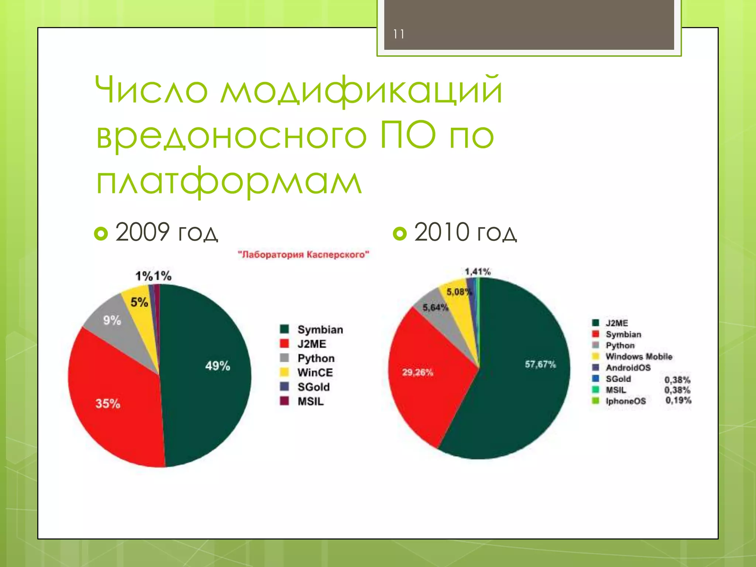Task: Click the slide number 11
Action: (398, 34)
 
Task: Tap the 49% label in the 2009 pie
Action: (217, 366)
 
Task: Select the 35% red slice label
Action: (108, 403)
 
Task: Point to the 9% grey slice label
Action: (112, 320)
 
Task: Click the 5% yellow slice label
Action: (139, 303)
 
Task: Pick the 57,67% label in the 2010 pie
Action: (540, 364)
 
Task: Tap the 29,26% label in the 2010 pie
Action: (417, 372)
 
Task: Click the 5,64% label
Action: (435, 307)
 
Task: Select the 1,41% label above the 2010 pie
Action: (477, 272)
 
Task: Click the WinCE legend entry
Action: (315, 372)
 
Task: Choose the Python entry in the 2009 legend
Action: (316, 358)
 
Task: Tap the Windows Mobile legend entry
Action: (639, 357)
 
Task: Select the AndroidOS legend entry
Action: (628, 368)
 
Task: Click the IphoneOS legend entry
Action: (626, 401)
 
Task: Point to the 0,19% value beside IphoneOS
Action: (678, 400)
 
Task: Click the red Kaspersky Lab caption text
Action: (303, 254)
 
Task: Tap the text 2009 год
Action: (166, 232)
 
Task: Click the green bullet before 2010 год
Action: (399, 233)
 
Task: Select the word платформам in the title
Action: (229, 181)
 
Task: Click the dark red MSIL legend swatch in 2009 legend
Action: (284, 401)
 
